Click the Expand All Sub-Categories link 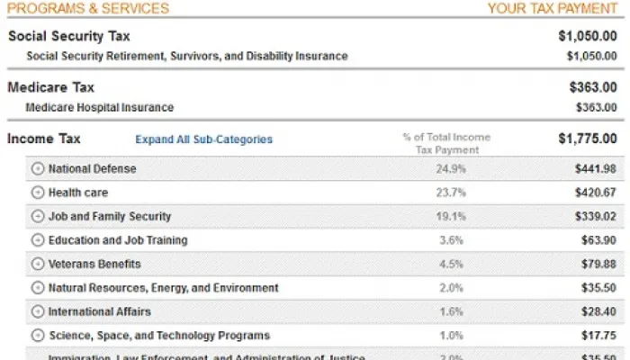point(203,139)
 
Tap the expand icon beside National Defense point(37,168)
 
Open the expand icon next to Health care point(37,193)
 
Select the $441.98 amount point(596,168)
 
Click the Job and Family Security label point(110,216)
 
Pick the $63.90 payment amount point(599,240)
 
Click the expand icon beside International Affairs point(37,312)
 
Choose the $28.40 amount point(599,312)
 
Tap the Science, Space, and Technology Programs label point(158,336)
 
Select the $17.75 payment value point(599,336)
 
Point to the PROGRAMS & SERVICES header point(88,9)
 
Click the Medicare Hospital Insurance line point(99,107)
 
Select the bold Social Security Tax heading point(68,37)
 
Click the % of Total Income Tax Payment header point(446,143)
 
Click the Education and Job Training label point(118,240)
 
